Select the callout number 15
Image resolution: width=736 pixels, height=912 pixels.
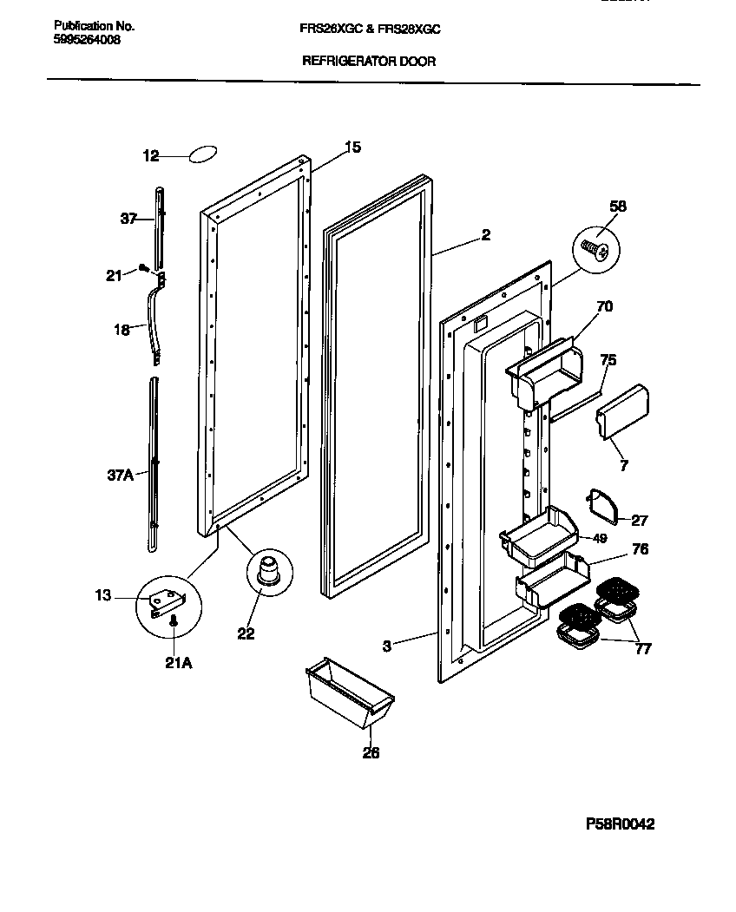[352, 148]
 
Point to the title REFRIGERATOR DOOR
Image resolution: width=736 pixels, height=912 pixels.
[368, 62]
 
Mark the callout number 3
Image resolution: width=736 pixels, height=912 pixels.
[388, 646]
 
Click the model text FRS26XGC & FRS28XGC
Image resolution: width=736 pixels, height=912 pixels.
[370, 29]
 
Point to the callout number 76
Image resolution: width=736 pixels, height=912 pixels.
[641, 549]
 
